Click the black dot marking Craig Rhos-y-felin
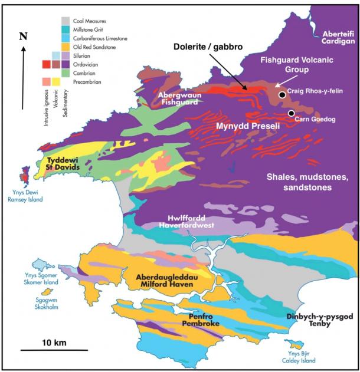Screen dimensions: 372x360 coord(283,94)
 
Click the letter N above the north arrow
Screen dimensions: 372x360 coord(23,37)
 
